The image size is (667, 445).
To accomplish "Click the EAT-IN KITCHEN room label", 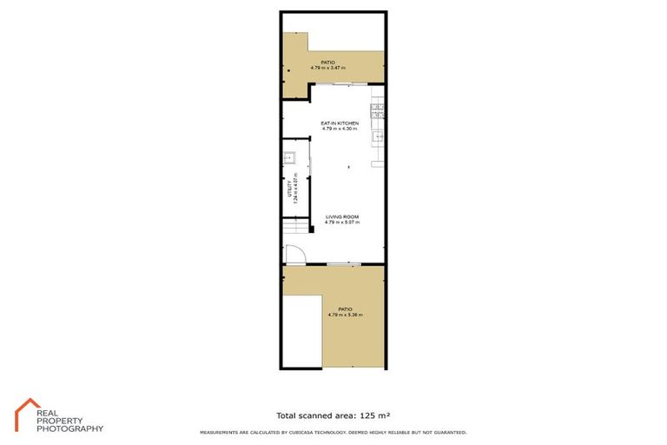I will pos(340,123).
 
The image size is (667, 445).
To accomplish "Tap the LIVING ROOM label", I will pos(342,216).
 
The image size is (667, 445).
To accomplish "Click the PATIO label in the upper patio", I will pos(327,63).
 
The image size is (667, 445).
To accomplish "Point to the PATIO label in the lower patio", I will pos(346,309).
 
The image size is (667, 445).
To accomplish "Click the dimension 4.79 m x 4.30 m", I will pos(340,129).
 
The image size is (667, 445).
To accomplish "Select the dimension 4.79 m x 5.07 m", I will pos(342,222).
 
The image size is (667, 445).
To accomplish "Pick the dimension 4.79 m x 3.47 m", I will pos(327,68).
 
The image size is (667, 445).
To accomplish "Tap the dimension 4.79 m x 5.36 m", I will pos(346,314).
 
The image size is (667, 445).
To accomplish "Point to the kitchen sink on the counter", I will pos(379,136).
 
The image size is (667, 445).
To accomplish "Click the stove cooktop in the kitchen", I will pos(379,110).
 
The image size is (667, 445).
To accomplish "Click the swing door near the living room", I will pos(294,254).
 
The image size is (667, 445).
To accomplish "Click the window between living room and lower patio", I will pos(344,263).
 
